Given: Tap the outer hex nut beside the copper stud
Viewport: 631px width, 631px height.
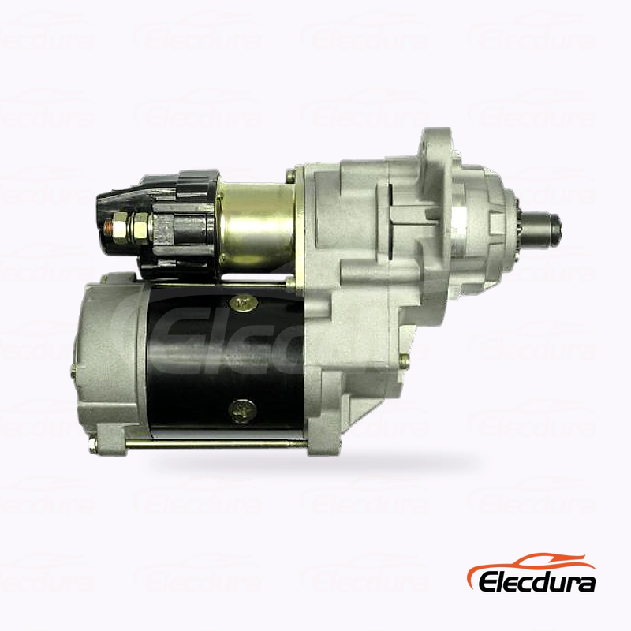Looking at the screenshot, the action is pyautogui.click(x=120, y=228).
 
